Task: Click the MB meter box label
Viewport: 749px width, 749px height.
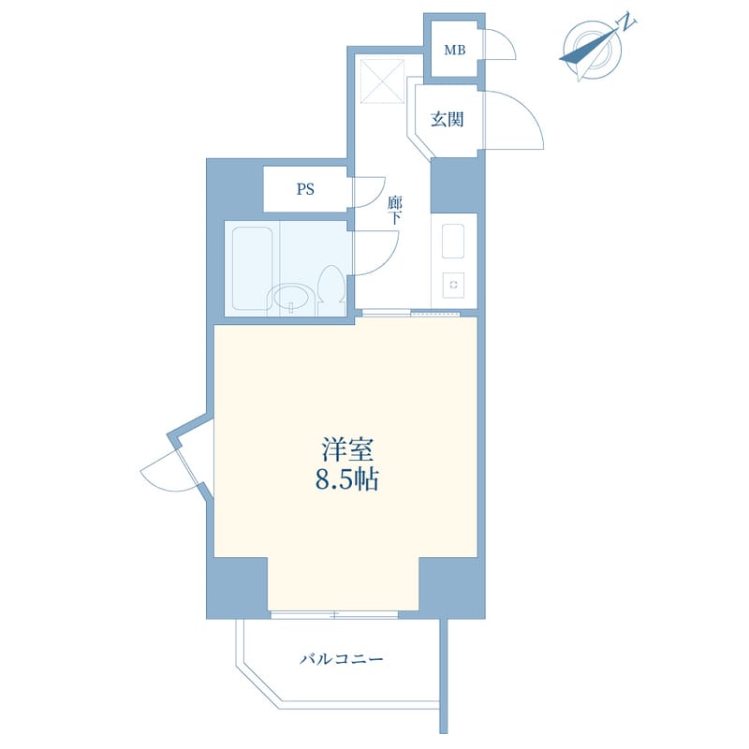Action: coord(455,50)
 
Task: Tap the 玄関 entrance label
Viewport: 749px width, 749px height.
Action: coord(448,119)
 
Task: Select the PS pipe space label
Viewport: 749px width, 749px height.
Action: coord(305,190)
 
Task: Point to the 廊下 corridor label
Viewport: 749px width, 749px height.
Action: coord(394,211)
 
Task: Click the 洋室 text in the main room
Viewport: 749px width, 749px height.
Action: coord(346,449)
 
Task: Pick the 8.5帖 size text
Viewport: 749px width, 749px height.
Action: coord(346,479)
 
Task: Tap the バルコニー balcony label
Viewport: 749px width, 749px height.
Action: coord(341,660)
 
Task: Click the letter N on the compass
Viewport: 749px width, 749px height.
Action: coord(627,22)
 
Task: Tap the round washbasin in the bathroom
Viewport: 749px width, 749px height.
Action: coord(291,298)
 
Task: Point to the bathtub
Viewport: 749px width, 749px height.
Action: coord(252,269)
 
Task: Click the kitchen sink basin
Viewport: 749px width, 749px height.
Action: coord(453,242)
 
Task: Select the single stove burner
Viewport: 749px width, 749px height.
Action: coord(453,285)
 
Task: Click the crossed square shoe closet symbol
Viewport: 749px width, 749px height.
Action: coord(382,81)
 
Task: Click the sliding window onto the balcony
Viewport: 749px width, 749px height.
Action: coord(334,615)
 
